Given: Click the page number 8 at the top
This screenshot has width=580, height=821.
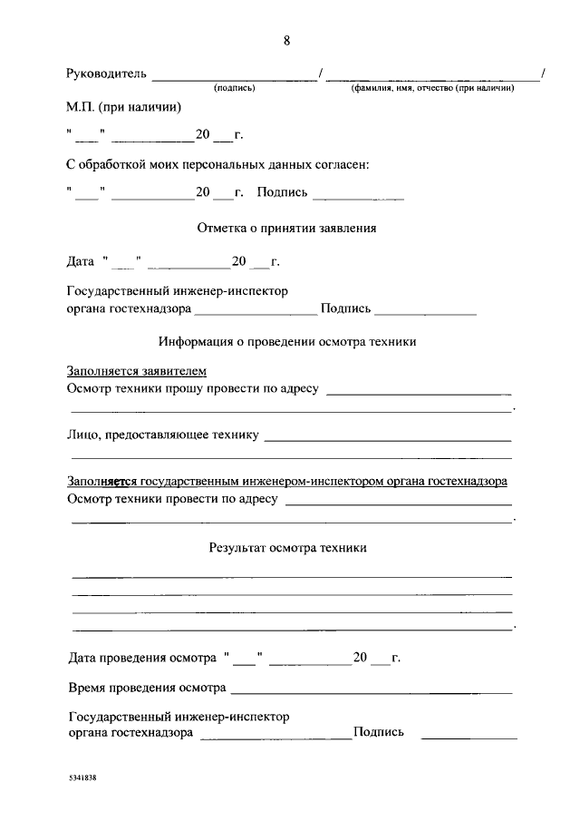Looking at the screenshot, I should pyautogui.click(x=287, y=41).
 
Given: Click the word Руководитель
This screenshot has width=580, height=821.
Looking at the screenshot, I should pyautogui.click(x=107, y=73).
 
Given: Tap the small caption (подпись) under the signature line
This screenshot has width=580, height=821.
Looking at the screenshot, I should pyautogui.click(x=234, y=88).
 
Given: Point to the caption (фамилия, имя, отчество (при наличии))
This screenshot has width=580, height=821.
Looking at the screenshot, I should pyautogui.click(x=433, y=88).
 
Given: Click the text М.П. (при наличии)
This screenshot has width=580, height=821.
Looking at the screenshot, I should pyautogui.click(x=124, y=107).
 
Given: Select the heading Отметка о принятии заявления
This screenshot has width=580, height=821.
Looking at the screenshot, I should pyautogui.click(x=286, y=228).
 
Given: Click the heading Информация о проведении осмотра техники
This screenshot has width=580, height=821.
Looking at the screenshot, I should pyautogui.click(x=287, y=342).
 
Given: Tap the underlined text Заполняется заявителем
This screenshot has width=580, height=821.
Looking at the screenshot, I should pyautogui.click(x=137, y=371).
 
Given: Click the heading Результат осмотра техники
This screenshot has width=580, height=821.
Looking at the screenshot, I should pyautogui.click(x=287, y=548).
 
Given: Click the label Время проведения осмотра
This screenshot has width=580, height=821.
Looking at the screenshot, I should pyautogui.click(x=146, y=687).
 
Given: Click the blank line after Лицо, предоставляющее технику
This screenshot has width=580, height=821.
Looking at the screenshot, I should pyautogui.click(x=387, y=439).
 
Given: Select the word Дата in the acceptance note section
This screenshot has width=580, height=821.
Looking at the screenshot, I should pyautogui.click(x=81, y=261).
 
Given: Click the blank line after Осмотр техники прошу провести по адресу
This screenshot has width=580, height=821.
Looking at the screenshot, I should pyautogui.click(x=418, y=394).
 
